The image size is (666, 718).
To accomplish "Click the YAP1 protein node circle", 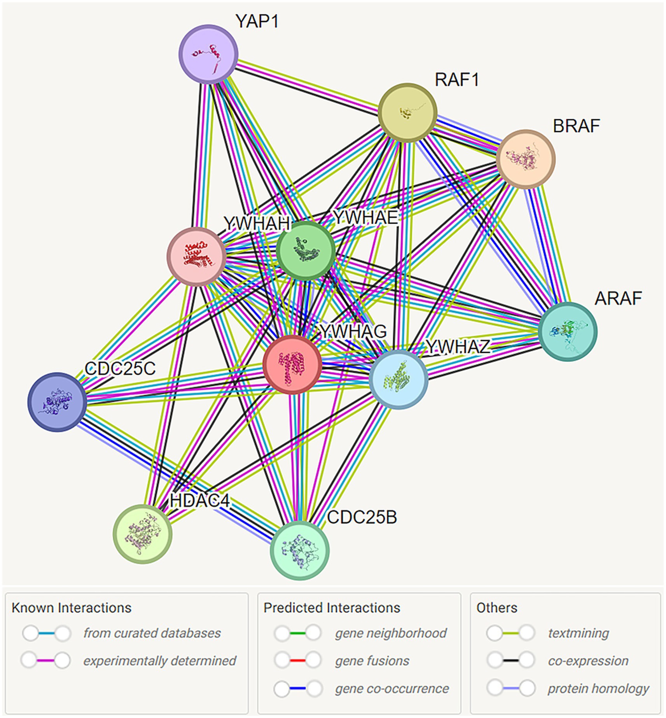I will pos(208,54).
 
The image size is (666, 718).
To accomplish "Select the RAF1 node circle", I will pos(407,113).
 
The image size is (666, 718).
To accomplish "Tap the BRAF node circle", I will pos(526,159).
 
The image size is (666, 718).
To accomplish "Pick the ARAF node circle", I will pos(568,331).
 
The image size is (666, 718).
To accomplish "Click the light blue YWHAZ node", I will pos(398,379).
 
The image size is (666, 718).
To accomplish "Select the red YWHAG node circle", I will pos(292,365).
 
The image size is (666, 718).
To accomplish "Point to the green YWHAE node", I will pos(306,251).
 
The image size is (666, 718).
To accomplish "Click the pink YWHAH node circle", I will pos(197,257).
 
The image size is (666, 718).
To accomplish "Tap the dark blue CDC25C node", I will pos(57,402).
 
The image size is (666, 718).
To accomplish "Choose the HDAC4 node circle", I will pos(142,534).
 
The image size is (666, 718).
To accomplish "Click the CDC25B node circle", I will pos(300,550).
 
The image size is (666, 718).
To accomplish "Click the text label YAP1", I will pos(257,21).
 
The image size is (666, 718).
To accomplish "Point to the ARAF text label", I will pos(618,298).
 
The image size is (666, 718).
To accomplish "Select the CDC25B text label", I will pos(362,517).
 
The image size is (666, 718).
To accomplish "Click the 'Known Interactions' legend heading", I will pos(72,608).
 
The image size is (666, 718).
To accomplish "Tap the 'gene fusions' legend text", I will pos(372,660).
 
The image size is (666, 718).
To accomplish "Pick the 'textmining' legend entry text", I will pos(578,633).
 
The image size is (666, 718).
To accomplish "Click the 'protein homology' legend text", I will pos(598,688).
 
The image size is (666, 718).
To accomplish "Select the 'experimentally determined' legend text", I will pos(160,660).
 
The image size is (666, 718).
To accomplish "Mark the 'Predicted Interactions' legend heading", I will pos(332,608).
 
